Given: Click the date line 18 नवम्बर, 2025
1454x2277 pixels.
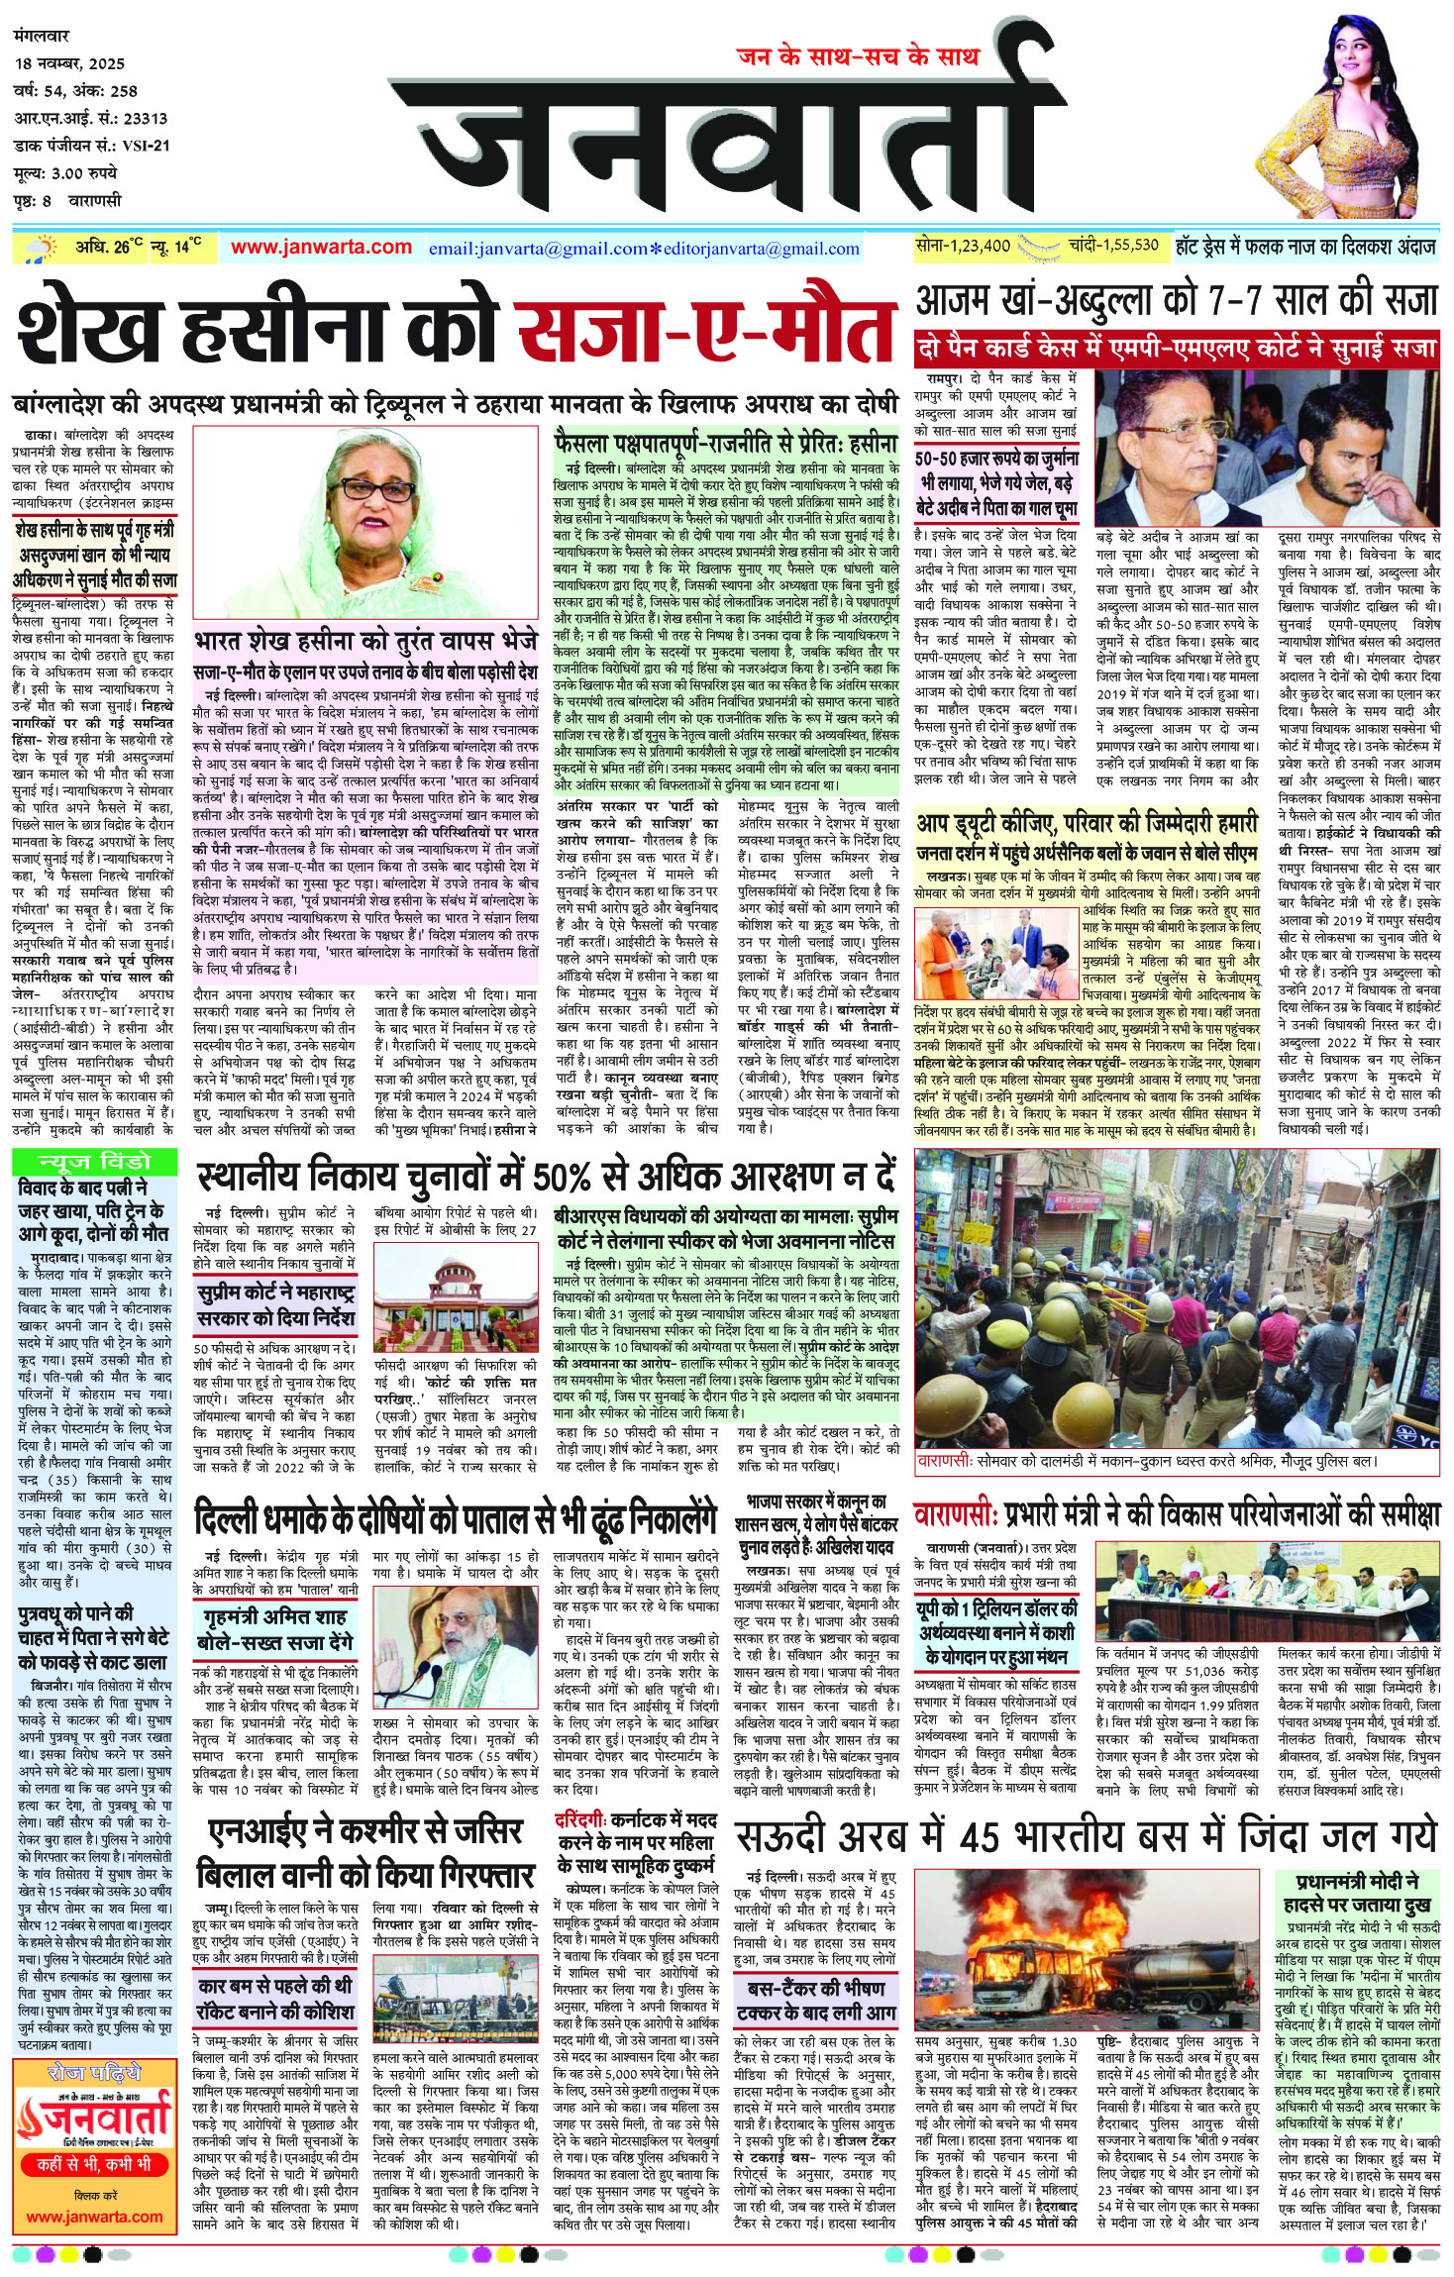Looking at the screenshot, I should (70, 63).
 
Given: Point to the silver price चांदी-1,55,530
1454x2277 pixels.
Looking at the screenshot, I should (1113, 246).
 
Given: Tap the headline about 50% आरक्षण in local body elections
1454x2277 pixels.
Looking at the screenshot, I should (546, 1176).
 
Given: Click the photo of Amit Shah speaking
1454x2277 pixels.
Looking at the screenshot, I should (481, 1641).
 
